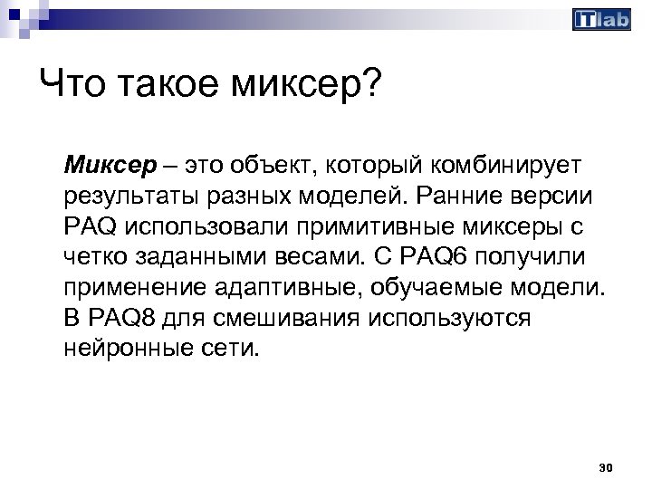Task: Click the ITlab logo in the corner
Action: point(601,19)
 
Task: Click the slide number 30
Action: point(607,467)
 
